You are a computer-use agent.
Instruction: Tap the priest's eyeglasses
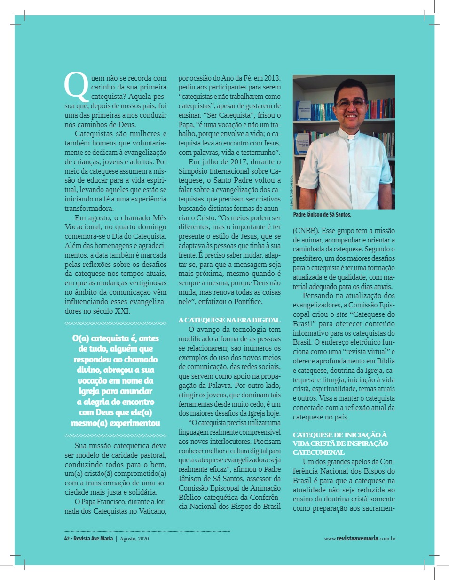pos(350,102)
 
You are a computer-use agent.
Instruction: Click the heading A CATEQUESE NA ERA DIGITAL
pos(229,320)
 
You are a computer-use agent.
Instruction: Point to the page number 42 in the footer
pos(67,538)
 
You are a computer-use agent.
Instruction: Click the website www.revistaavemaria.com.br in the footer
pos(360,538)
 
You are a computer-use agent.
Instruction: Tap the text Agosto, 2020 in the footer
pos(136,538)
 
